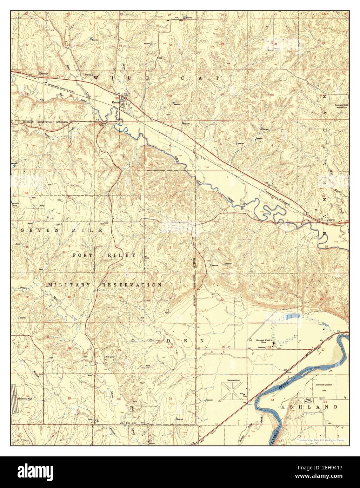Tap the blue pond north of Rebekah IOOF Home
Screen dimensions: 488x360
pyautogui.click(x=291, y=316)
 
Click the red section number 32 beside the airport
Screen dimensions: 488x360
pyautogui.click(x=220, y=400)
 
